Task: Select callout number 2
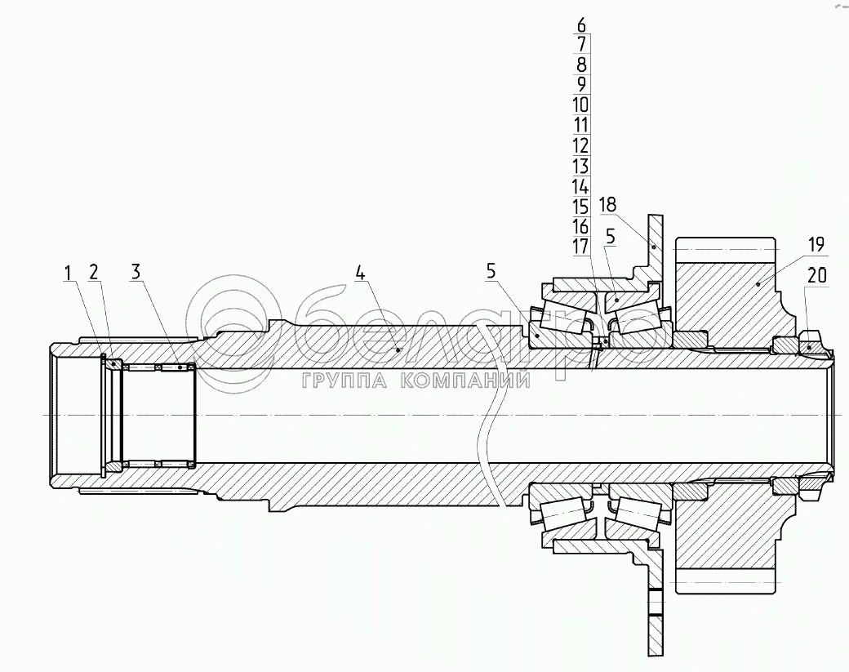pos(94,273)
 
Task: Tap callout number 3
pos(136,273)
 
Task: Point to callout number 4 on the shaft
pos(360,273)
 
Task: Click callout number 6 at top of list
pos(580,25)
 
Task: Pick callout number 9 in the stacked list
pos(580,85)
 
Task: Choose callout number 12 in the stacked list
pos(580,146)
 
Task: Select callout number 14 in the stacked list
pos(580,187)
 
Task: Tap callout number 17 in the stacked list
pos(580,247)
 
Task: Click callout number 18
pos(607,204)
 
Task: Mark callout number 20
pos(817,277)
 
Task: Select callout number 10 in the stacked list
pos(580,105)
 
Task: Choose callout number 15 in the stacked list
pos(580,207)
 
